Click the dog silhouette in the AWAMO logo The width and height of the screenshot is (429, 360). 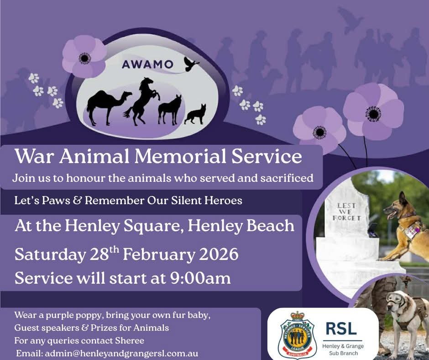(195, 114)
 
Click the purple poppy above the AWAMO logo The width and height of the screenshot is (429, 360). (84, 56)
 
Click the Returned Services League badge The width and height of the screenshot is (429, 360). (297, 335)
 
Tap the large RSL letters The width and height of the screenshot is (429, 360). (341, 328)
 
